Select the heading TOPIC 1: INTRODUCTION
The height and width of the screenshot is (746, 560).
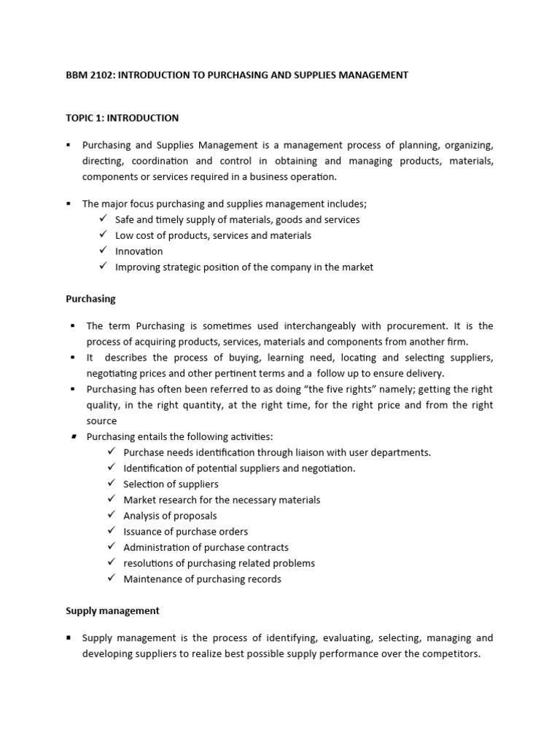click(122, 117)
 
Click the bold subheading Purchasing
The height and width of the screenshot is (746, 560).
click(90, 299)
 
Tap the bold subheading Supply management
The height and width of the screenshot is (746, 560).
click(112, 610)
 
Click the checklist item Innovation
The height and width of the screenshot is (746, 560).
click(139, 251)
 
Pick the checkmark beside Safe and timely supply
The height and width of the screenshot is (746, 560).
click(103, 219)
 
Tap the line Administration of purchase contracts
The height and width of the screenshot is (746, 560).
click(206, 547)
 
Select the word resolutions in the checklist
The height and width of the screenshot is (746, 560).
click(149, 563)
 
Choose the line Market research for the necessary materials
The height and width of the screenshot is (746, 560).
click(222, 500)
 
